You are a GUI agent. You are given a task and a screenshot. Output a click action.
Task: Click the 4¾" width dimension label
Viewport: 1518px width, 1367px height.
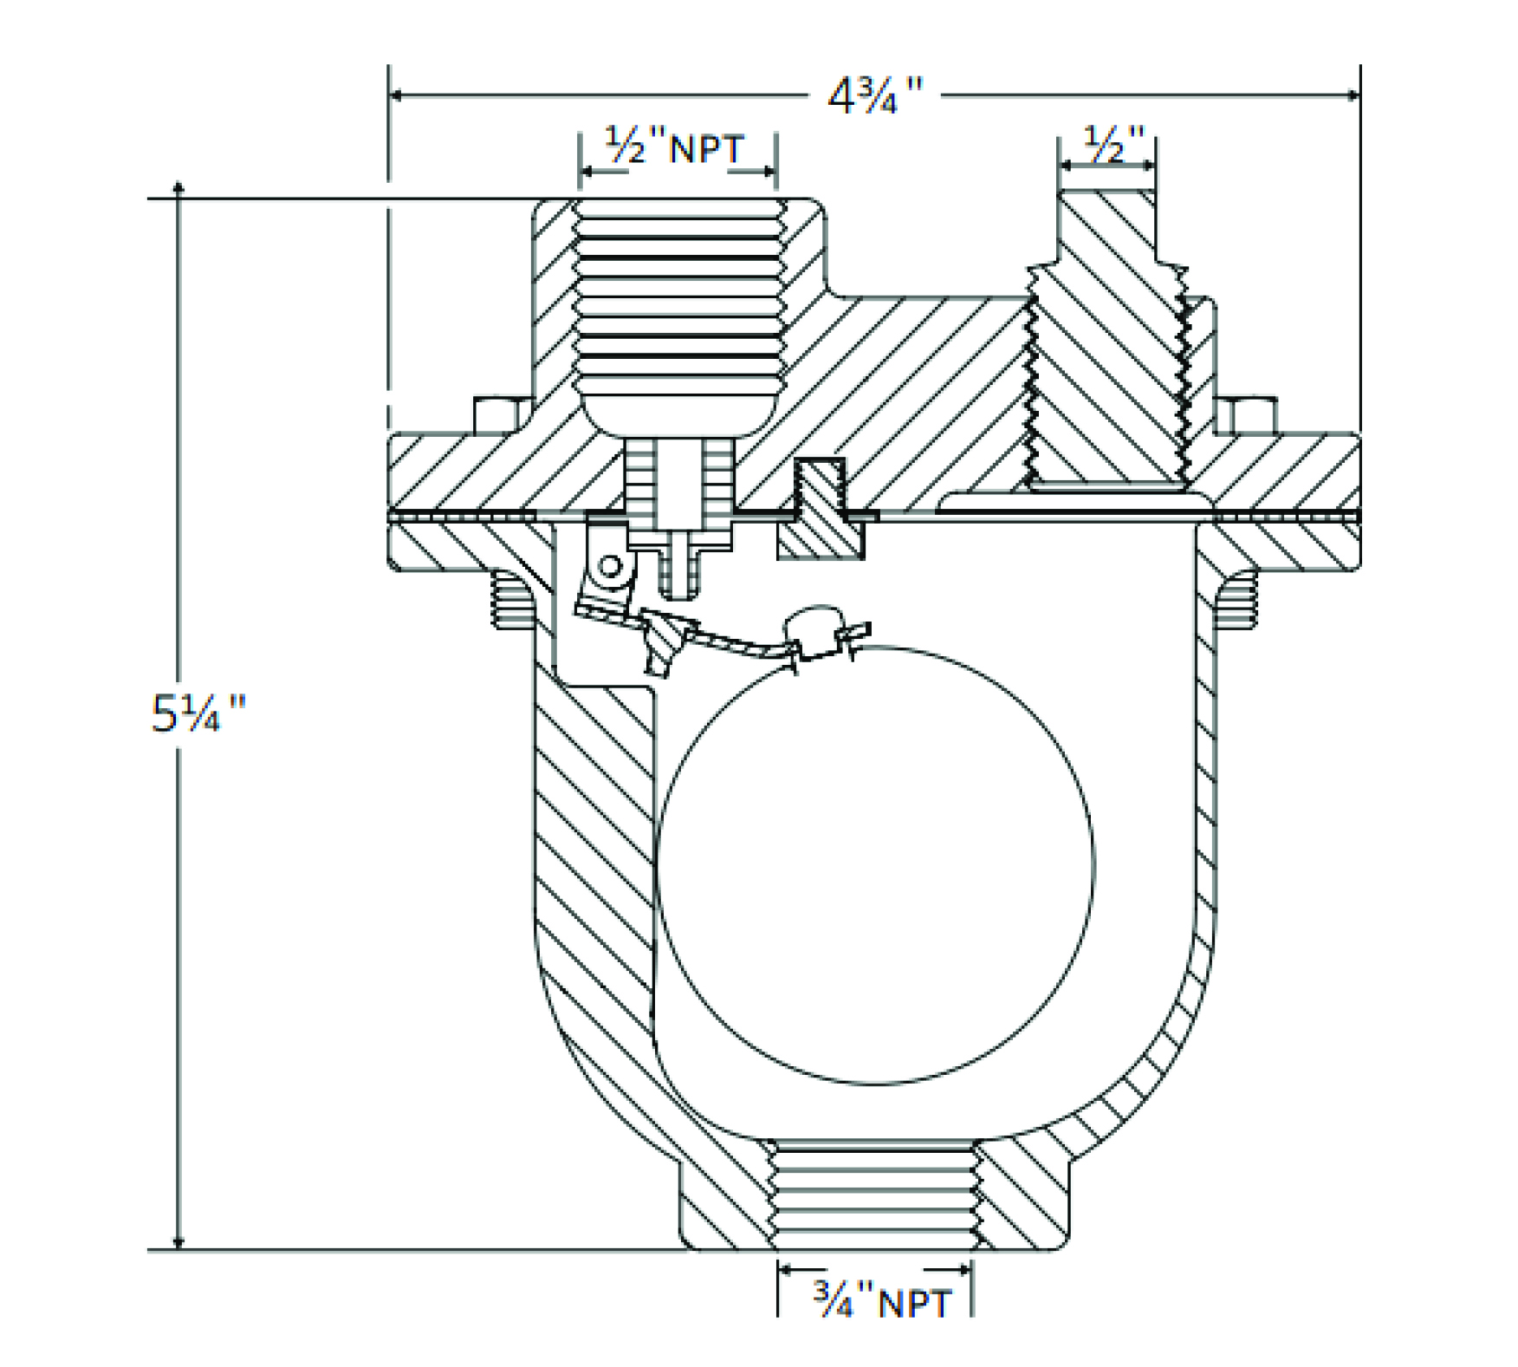click(875, 94)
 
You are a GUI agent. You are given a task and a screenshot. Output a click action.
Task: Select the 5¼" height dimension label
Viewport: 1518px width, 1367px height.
click(198, 713)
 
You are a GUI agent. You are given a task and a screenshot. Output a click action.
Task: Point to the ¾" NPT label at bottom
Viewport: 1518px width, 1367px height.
click(883, 1302)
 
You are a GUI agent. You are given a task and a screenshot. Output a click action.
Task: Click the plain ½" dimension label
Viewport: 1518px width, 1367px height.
click(1114, 144)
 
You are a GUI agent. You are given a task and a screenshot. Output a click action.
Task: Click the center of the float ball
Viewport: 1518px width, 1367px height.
click(875, 864)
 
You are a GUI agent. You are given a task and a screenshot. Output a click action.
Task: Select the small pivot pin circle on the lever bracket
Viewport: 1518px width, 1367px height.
click(610, 567)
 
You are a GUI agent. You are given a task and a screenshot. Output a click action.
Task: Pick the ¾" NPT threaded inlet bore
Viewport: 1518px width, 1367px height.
click(874, 1195)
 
